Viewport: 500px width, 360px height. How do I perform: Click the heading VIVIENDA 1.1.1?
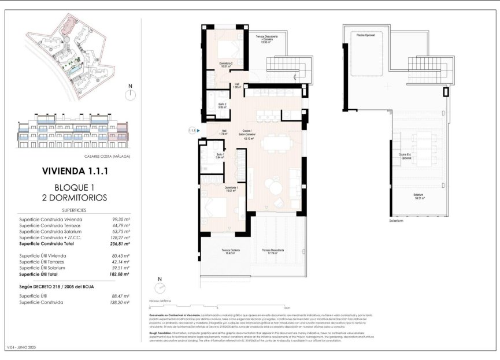point(74,171)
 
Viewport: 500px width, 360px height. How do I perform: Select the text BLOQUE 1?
point(74,187)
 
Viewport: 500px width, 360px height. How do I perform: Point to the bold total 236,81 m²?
point(120,244)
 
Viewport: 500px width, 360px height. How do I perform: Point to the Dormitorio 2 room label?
point(225,64)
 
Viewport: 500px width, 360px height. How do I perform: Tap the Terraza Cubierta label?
point(231,251)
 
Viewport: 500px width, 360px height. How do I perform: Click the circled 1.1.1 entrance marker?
point(192,131)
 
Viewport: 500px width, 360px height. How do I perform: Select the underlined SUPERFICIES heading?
point(75,210)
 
